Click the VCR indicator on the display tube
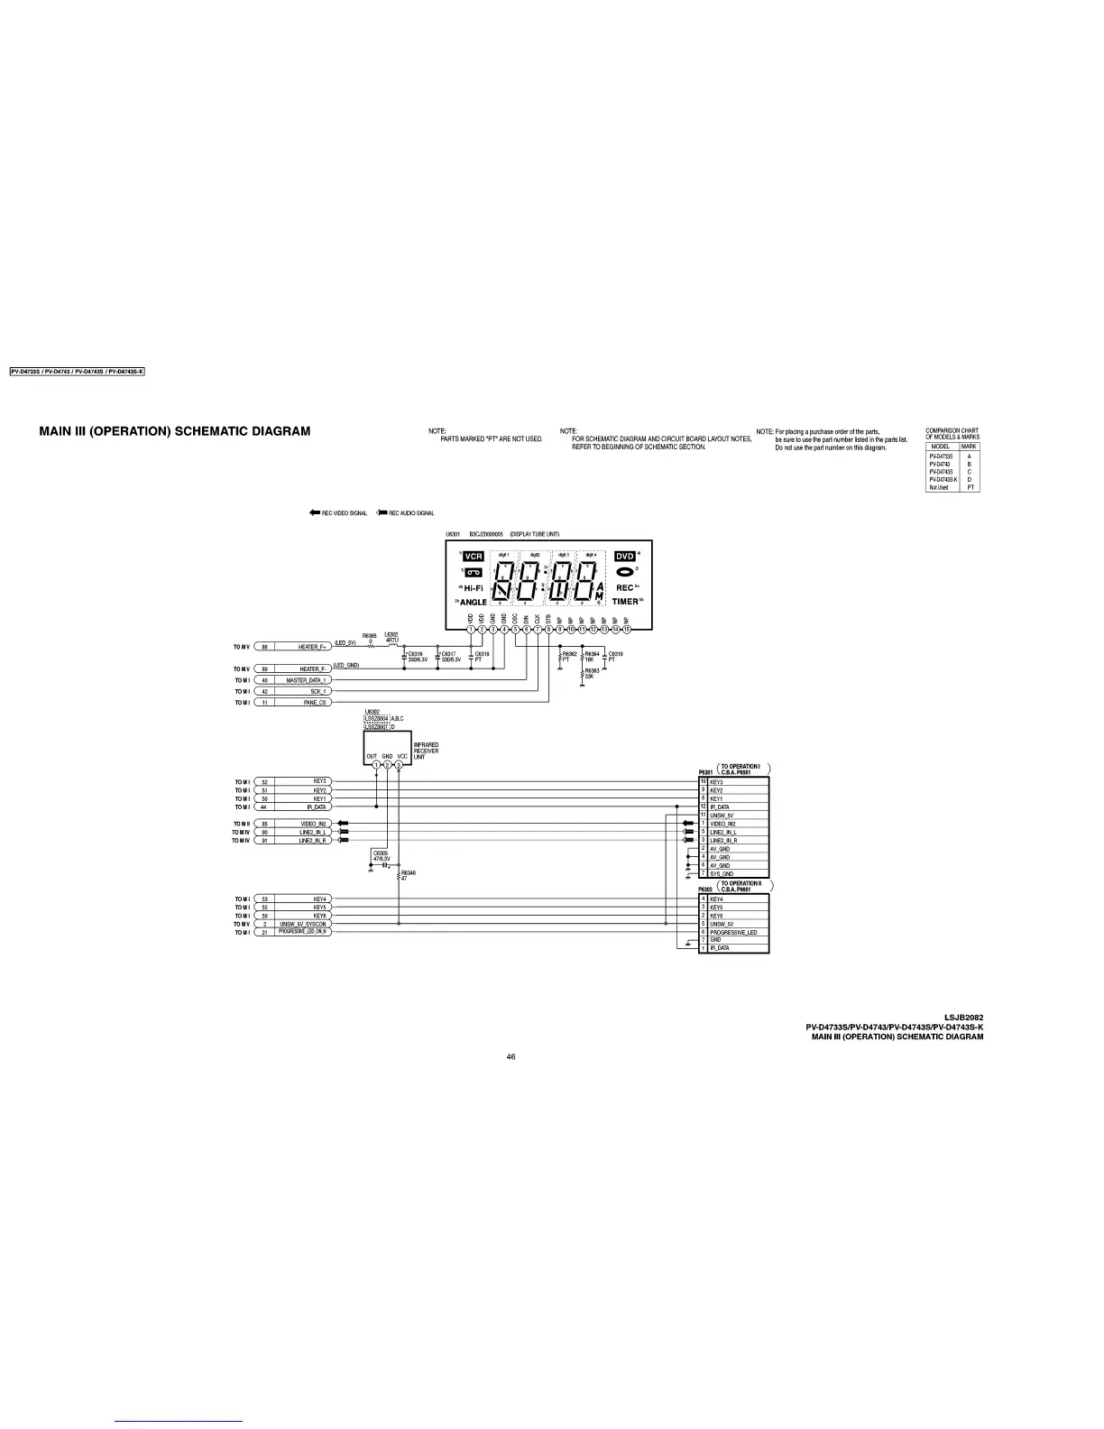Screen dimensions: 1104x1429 tap(474, 557)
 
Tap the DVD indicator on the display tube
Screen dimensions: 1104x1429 tap(625, 557)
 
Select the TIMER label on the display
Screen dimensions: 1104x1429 tap(625, 601)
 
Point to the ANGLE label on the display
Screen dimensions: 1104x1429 tap(474, 602)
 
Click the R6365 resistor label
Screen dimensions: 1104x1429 tap(370, 636)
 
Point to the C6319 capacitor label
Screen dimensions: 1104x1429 tap(616, 653)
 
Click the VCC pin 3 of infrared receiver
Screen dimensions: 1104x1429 tap(399, 765)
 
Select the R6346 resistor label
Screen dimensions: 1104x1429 tap(409, 871)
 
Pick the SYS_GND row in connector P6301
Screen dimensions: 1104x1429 tap(733, 873)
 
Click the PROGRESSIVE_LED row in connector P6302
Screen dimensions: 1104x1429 tap(733, 932)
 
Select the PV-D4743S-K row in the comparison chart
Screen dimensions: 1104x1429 tap(952, 479)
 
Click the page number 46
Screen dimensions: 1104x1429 tap(511, 1057)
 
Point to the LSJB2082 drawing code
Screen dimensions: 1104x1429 tap(963, 1018)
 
